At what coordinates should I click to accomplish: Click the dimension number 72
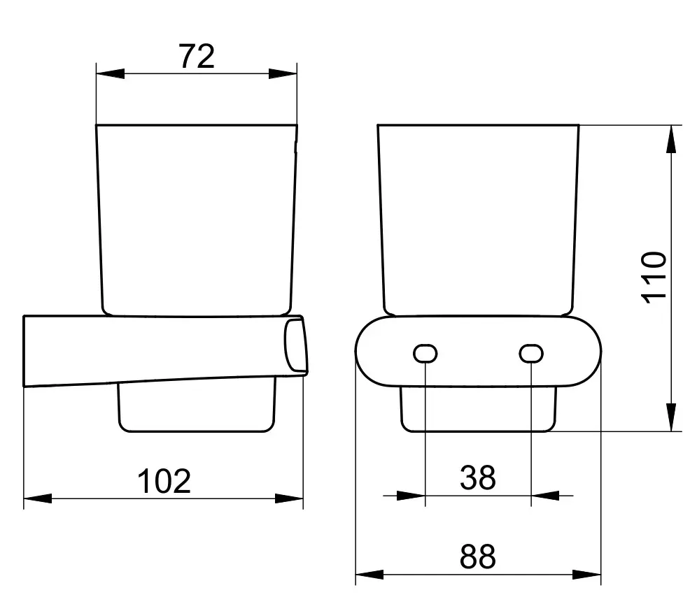197,57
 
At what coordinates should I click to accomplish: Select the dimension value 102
164,481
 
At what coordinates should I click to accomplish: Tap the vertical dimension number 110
655,278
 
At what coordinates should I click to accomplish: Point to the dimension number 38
478,477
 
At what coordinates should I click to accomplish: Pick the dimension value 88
478,556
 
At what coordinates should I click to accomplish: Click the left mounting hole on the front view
425,354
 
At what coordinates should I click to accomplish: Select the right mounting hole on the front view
531,354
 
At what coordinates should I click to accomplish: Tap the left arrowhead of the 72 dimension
111,73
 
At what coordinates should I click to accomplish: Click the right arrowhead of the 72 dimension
283,73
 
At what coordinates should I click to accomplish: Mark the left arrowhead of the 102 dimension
38,498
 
